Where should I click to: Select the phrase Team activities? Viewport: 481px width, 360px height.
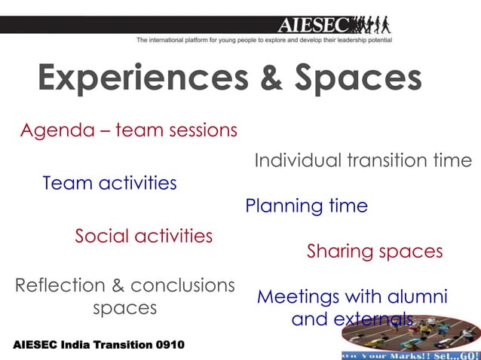coord(109,183)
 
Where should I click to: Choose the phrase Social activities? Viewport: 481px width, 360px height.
coord(143,236)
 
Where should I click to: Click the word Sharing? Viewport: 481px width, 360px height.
coord(342,252)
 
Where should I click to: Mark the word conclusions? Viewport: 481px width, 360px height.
coord(182,286)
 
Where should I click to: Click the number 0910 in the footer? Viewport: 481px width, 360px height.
coord(169,345)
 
